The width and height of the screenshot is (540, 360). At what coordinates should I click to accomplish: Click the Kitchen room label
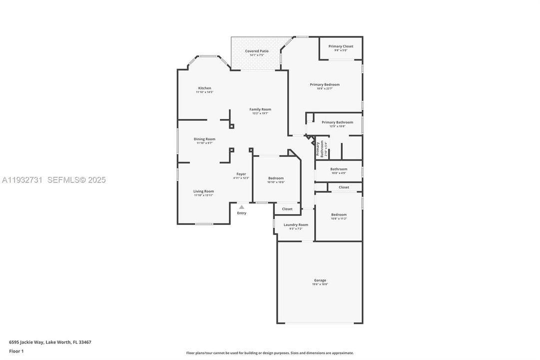click(x=204, y=88)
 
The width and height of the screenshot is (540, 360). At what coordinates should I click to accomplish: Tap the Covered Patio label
click(x=257, y=51)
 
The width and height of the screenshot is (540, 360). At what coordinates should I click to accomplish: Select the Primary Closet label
click(x=341, y=46)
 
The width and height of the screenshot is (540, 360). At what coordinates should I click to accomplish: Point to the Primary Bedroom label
click(x=325, y=84)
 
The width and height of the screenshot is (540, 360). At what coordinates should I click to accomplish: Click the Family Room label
click(x=260, y=109)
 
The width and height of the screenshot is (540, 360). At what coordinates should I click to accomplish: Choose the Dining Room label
click(x=204, y=139)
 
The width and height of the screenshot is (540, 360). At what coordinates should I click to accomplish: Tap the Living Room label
click(x=204, y=191)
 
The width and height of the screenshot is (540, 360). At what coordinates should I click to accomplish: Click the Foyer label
click(x=241, y=174)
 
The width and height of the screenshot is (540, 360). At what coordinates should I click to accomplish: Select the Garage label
click(x=320, y=280)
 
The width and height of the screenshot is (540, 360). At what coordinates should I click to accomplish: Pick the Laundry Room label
click(x=296, y=224)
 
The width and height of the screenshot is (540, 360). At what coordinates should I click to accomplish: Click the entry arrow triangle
click(x=242, y=206)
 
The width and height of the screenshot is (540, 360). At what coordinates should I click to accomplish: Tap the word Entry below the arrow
click(x=242, y=213)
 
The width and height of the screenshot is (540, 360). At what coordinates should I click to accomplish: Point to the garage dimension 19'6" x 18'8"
click(x=320, y=284)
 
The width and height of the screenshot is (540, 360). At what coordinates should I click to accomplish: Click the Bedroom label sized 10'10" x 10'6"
click(x=276, y=178)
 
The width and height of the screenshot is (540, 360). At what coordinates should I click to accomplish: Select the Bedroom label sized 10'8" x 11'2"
click(x=339, y=214)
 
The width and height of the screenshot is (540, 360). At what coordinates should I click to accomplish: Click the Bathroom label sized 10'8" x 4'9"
click(x=339, y=169)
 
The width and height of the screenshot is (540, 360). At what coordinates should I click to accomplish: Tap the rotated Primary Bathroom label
click(x=318, y=149)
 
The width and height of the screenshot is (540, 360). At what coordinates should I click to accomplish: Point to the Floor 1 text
click(x=16, y=351)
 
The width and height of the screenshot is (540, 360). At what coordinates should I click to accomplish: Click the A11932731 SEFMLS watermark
click(x=54, y=180)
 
